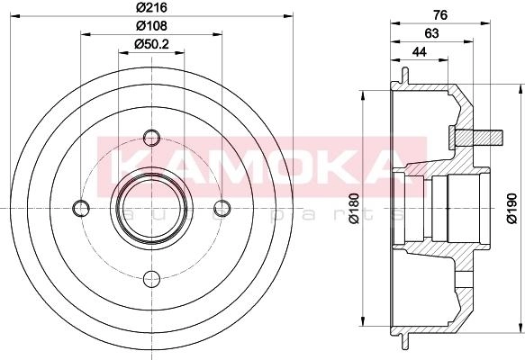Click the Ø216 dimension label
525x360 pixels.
[x=151, y=7]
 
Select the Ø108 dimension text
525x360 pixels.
[x=151, y=25]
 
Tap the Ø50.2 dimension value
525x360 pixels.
[x=151, y=44]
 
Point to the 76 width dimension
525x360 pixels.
[x=440, y=15]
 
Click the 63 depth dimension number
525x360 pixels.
[x=431, y=33]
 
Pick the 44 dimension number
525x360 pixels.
[x=420, y=52]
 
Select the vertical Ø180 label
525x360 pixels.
[x=353, y=208]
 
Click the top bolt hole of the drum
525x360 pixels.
[x=151, y=138]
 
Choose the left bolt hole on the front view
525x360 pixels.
[x=81, y=208]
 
